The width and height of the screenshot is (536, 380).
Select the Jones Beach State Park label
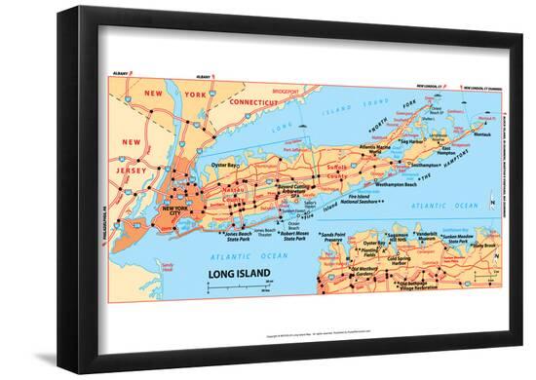[243, 236]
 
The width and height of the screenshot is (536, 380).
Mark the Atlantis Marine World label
[381, 149]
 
